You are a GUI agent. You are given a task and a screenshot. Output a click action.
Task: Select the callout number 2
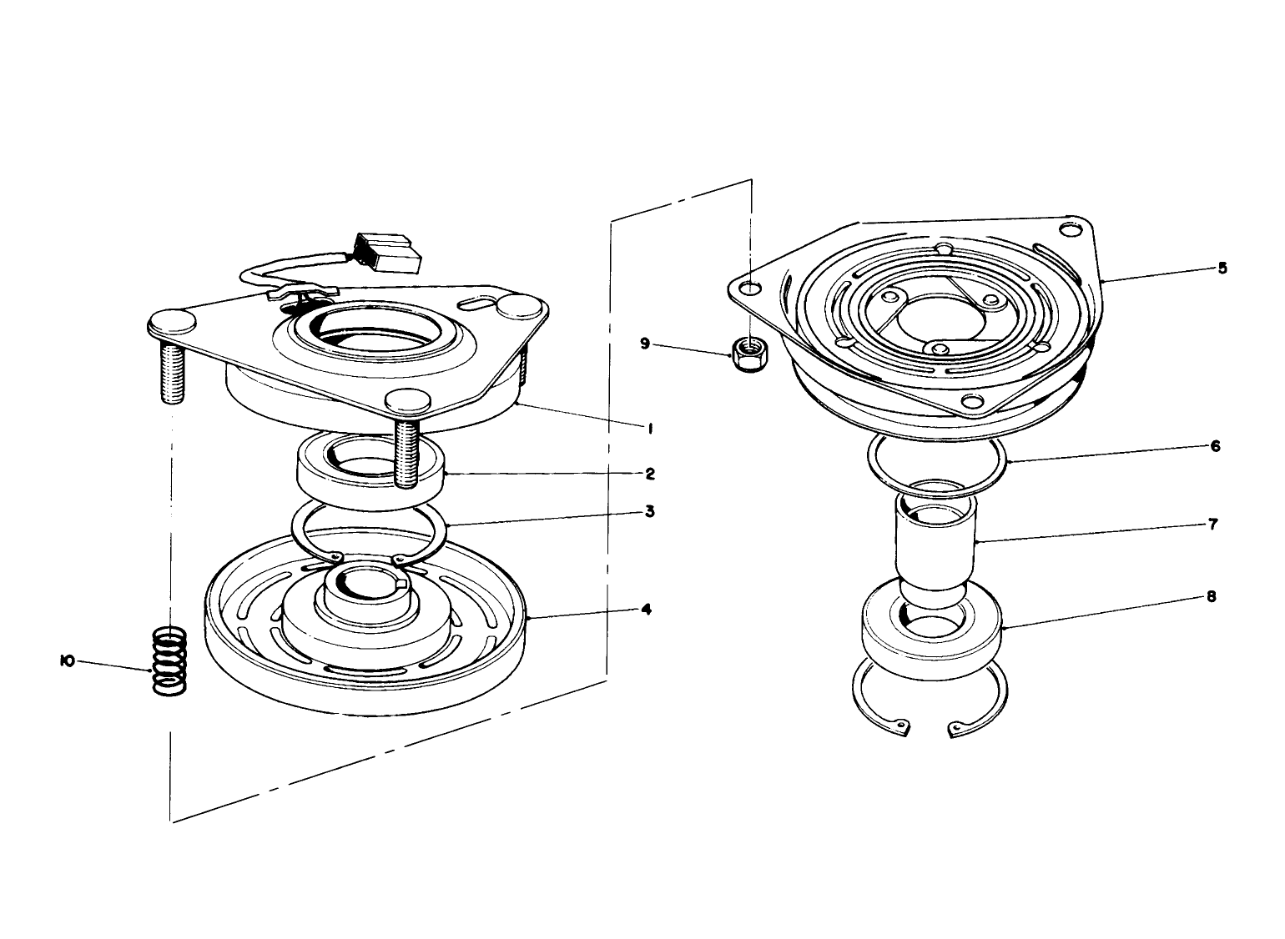649,474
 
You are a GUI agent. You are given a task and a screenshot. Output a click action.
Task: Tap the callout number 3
649,511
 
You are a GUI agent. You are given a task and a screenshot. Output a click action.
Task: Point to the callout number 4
646,610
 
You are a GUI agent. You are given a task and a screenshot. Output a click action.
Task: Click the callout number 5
1222,269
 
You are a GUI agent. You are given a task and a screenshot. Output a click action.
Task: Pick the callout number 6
1216,447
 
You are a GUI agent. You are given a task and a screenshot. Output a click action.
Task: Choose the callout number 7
1212,525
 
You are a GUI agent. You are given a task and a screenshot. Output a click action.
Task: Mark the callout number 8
1211,597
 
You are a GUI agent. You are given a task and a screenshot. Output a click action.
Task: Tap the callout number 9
644,343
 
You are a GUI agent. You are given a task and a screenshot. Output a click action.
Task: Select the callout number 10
68,661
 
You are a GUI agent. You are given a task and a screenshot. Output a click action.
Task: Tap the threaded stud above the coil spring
170,371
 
